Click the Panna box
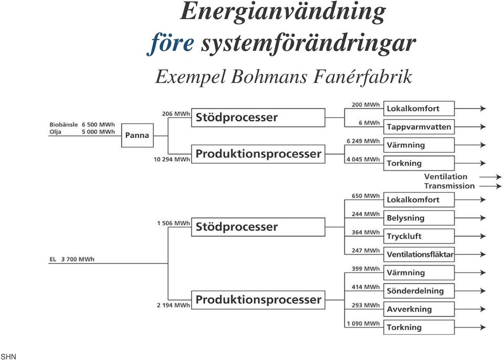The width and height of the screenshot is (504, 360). pos(137,135)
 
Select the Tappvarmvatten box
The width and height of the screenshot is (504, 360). pos(419,126)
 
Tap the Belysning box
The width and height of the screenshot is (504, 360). pos(419,218)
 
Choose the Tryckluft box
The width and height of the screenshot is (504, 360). pos(419,236)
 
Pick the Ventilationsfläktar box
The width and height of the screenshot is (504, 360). pos(419,254)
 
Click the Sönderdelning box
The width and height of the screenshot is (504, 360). pos(419,291)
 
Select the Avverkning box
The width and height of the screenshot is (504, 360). pos(419,309)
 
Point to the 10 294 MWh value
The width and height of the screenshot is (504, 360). pos(172,159)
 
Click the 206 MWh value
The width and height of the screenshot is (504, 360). pos(176,114)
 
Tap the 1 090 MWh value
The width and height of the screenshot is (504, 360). pos(363,323)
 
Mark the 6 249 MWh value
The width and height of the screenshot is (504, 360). pos(363,141)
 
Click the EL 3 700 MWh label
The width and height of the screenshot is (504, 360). pos(72,259)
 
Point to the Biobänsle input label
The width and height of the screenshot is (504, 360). pos(64,124)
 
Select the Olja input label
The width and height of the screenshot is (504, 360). pos(55,132)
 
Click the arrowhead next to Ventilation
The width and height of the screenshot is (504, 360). pos(498,177)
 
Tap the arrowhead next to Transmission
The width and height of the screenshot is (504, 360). pos(498,186)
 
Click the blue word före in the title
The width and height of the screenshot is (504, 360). pos(171,44)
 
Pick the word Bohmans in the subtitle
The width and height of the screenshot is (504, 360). pos(271,77)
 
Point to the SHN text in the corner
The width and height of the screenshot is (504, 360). pos(8,356)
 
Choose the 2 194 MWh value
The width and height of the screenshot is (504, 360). pos(173,305)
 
